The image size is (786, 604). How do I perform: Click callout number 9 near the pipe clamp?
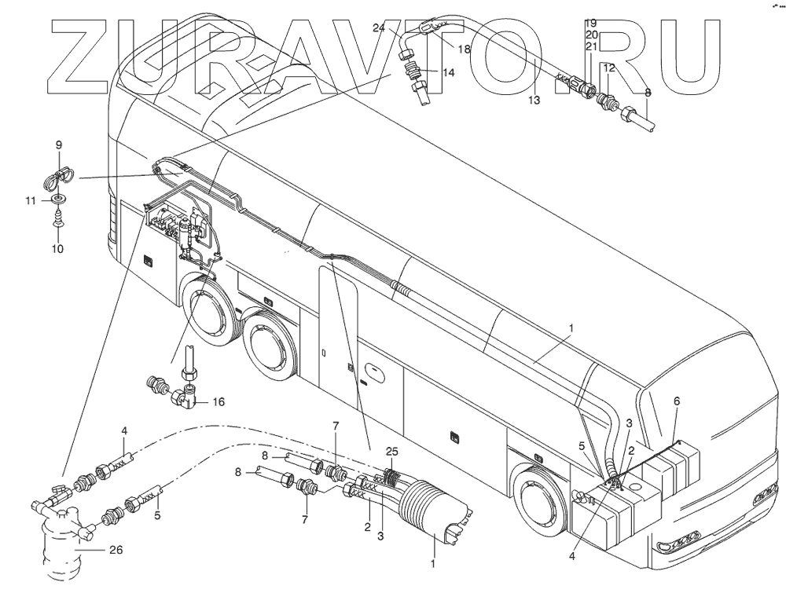[57, 145]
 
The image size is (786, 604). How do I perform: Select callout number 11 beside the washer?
[31, 201]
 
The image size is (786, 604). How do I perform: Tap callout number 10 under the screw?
[57, 249]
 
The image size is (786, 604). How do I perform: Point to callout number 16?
[219, 401]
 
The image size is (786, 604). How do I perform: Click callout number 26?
[116, 550]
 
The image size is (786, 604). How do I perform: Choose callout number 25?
[393, 452]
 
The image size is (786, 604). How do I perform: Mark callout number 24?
[378, 28]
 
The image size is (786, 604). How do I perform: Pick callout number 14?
[448, 72]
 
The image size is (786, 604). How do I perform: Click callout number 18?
[464, 49]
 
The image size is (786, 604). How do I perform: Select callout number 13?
[534, 101]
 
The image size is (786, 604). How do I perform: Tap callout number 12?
[608, 69]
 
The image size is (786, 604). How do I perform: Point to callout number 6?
[677, 401]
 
